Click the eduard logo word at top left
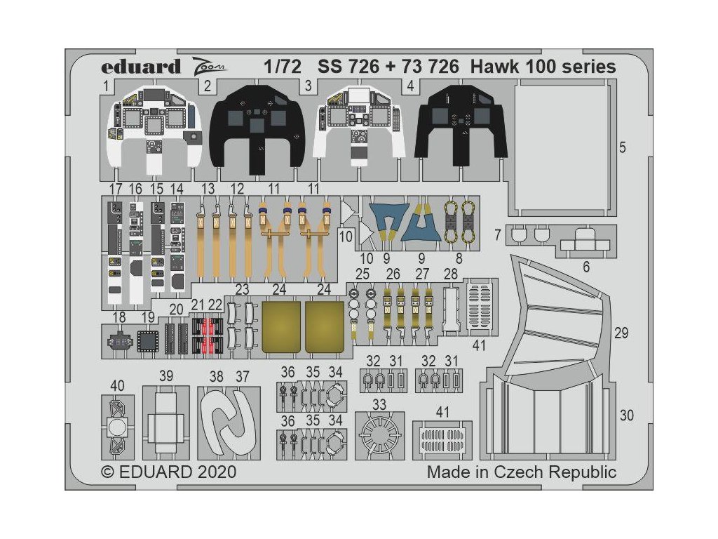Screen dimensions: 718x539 (140, 67)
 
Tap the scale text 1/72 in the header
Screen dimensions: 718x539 (283, 67)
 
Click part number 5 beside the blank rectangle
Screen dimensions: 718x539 (623, 147)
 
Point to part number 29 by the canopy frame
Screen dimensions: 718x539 (621, 333)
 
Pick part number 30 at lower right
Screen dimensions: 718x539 (626, 415)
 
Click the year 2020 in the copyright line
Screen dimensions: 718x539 (217, 472)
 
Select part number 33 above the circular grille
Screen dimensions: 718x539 (379, 405)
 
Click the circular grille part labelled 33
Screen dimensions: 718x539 (379, 434)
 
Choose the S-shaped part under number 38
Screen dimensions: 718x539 (229, 422)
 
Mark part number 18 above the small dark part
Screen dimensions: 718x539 (118, 317)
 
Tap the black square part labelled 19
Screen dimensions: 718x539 (147, 341)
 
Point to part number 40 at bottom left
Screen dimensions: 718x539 (117, 386)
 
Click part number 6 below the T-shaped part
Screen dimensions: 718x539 (586, 267)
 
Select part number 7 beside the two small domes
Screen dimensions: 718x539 (499, 235)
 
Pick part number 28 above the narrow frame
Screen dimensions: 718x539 (451, 274)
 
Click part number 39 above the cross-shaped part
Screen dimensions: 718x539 (165, 376)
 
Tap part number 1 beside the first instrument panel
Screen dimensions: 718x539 (107, 86)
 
